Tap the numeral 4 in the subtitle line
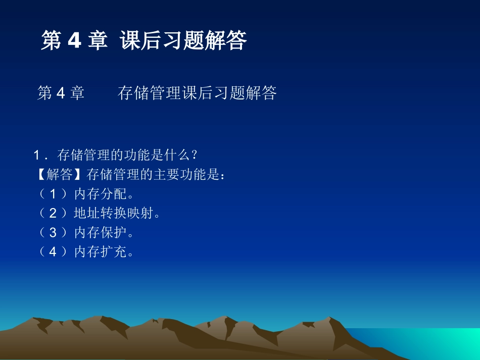60,93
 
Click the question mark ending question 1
194,155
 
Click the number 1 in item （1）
54,194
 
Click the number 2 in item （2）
54,213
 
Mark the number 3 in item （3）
54,232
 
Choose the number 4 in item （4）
54,251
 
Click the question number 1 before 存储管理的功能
37,155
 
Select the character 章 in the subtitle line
76,93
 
